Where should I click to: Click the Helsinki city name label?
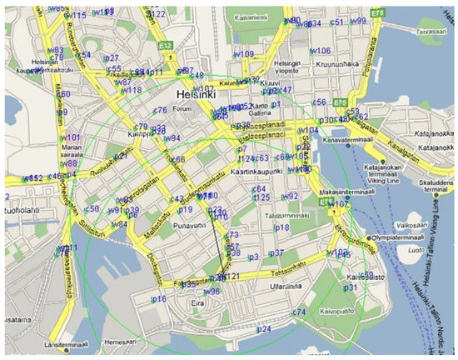(x=196, y=94)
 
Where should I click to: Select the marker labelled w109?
(x=242, y=54)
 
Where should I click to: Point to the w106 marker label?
(x=321, y=51)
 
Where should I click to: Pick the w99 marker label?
(x=358, y=21)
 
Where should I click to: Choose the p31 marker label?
(x=351, y=287)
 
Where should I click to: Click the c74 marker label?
(x=300, y=312)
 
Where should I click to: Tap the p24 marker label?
(x=264, y=330)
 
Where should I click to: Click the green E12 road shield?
(x=165, y=44)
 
